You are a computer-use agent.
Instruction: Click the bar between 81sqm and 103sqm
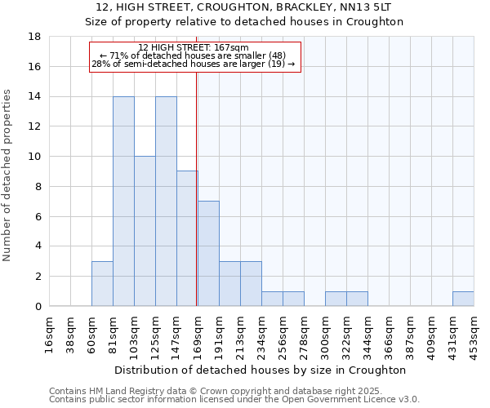[123, 202]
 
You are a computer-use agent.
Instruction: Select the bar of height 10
[145, 231]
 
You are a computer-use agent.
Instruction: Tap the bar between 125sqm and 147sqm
[166, 202]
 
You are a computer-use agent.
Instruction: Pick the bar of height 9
[187, 238]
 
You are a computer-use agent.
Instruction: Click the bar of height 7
[208, 254]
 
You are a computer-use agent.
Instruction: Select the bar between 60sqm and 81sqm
[102, 283]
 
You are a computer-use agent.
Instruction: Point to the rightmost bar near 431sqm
[463, 299]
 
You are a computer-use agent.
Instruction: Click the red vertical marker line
[197, 188]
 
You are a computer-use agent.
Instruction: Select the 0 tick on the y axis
[38, 306]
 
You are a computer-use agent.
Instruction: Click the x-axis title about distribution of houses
[261, 370]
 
